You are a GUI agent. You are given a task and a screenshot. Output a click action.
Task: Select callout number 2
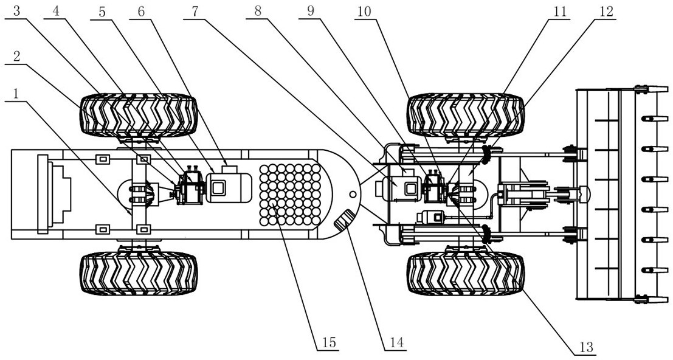16,55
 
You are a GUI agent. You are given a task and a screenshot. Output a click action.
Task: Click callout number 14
395,342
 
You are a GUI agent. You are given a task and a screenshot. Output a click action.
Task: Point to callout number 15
326,342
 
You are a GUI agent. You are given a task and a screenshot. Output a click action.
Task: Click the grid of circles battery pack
290,193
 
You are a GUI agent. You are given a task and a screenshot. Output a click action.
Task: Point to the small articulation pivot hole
352,195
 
